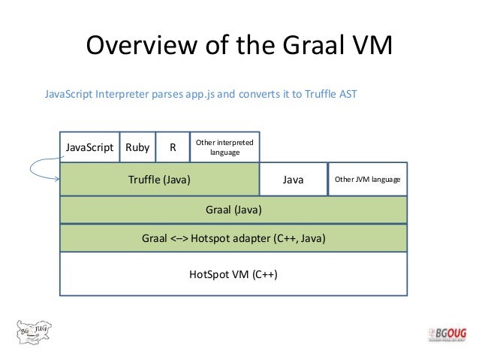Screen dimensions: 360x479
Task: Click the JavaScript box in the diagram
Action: coord(89,147)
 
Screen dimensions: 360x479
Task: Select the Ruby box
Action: coord(137,147)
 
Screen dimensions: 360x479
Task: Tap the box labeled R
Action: coord(173,147)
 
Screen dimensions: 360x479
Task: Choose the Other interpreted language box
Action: coord(224,147)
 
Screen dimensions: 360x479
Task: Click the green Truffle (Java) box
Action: coord(159,180)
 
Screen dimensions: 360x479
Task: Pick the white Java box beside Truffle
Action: coord(293,180)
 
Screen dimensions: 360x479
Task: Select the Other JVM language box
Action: coord(367,180)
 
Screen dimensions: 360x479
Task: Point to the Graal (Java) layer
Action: coord(233,210)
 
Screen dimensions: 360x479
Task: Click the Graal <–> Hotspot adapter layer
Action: coord(233,239)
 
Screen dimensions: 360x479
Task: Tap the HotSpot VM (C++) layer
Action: coord(233,274)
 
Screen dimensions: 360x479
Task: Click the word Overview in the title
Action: coord(140,47)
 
